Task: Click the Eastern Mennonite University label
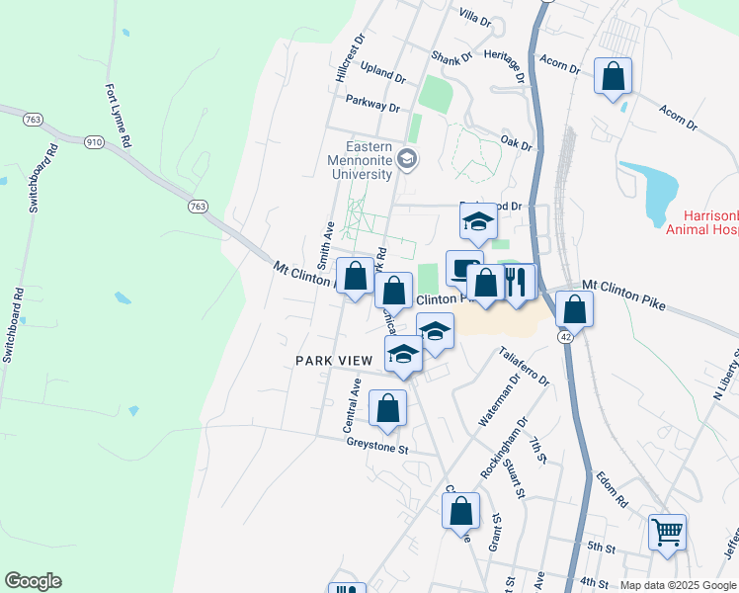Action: point(362,160)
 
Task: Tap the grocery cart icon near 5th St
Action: point(668,532)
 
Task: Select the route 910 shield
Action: point(95,142)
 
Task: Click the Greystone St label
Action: point(376,448)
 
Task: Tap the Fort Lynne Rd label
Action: point(117,115)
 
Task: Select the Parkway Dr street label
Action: point(372,102)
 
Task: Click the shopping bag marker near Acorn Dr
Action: point(613,75)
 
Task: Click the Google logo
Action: point(33,581)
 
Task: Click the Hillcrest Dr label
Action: point(350,58)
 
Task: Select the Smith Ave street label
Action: point(323,246)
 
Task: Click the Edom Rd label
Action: point(612,490)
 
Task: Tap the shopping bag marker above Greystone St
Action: point(388,407)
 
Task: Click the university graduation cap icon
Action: point(406,159)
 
